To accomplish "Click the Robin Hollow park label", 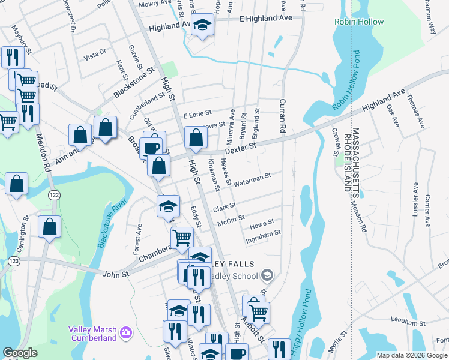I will coord(358,22).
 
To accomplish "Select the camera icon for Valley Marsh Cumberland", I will coord(125,331).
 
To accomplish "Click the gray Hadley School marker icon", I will coord(267,275).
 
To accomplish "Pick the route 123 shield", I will coord(14,261).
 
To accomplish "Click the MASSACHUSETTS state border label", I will coord(355,159).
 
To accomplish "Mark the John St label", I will coord(116,274).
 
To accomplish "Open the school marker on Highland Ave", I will coord(203,25).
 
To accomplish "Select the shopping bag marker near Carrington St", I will coord(50,226).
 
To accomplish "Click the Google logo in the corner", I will coord(20,353).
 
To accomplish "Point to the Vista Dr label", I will coord(95,55).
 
